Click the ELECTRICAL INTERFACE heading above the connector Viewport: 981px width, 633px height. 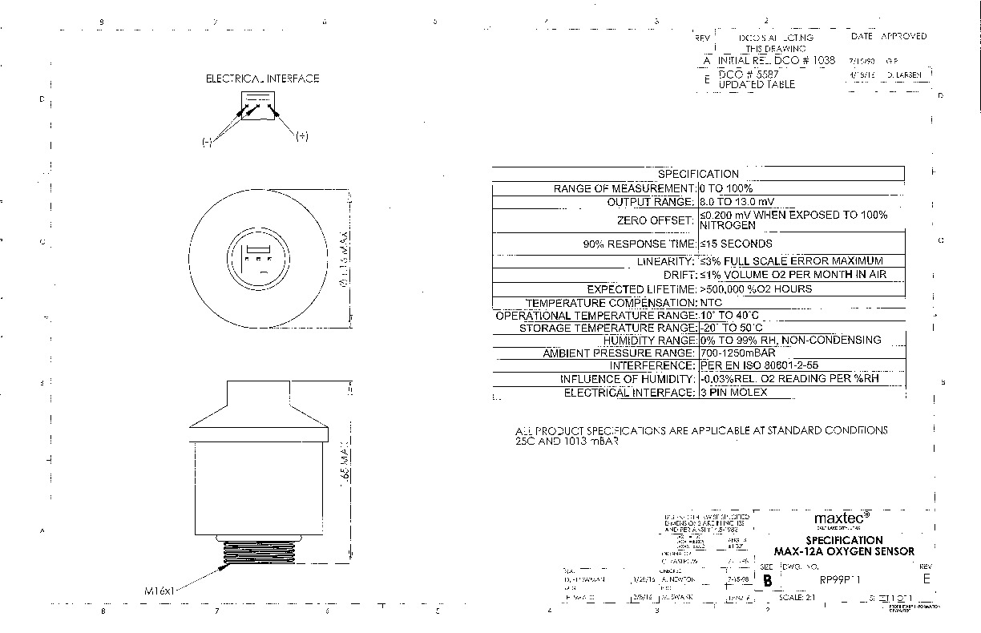[x=262, y=79]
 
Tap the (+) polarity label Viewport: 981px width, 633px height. [x=301, y=136]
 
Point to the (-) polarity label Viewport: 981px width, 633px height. [x=207, y=142]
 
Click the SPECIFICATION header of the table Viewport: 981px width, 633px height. [x=698, y=173]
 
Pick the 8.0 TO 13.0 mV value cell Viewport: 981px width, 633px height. [x=737, y=202]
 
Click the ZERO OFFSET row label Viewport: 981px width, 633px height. [x=655, y=220]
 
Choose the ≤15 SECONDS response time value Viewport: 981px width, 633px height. [x=736, y=244]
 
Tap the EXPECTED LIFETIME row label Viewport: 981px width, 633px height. [x=640, y=289]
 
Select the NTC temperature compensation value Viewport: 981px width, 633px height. [x=711, y=303]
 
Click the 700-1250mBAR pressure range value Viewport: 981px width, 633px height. [x=737, y=353]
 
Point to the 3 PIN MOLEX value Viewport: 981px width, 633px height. [x=733, y=393]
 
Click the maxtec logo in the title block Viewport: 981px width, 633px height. [x=842, y=518]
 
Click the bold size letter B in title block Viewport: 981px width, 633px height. [x=768, y=582]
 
